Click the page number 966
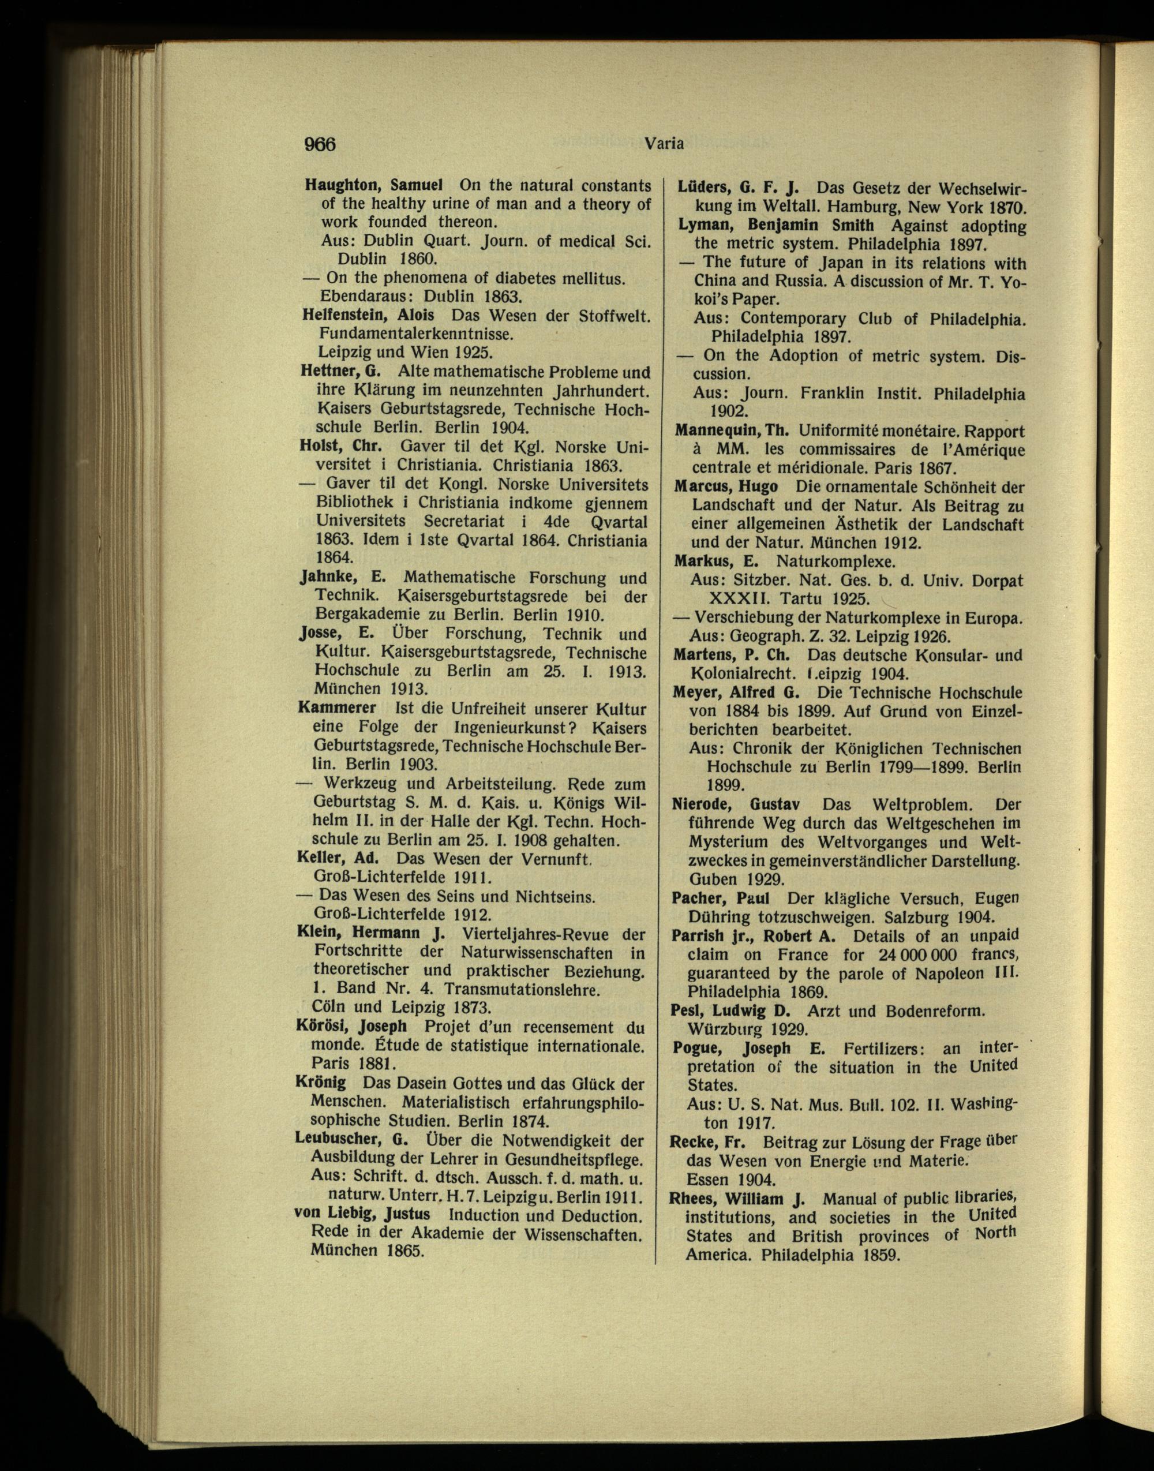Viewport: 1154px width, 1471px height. click(320, 144)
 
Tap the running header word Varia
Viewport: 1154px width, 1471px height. click(665, 143)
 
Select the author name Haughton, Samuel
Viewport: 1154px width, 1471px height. click(374, 185)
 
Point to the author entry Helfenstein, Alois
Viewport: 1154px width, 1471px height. click(369, 315)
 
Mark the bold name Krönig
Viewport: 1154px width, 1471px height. click(321, 1082)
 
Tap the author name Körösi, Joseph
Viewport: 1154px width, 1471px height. click(351, 1025)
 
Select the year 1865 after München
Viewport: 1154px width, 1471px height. click(402, 1250)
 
